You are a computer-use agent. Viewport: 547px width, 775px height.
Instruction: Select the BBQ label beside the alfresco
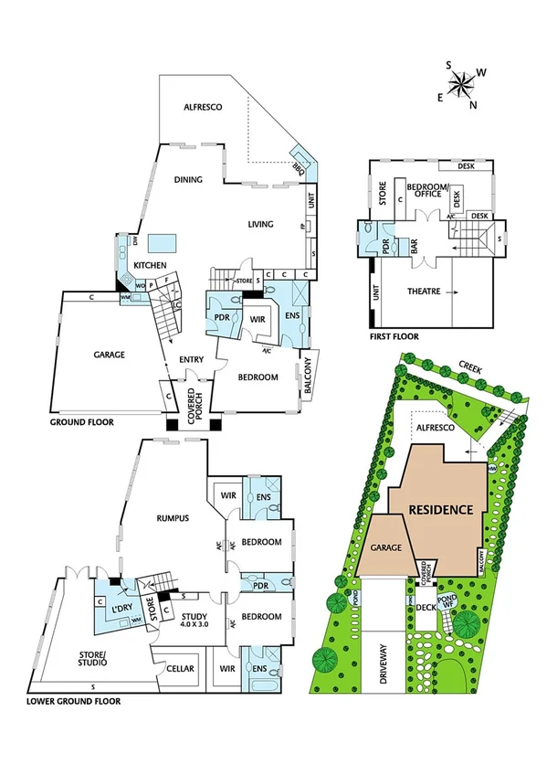(298, 166)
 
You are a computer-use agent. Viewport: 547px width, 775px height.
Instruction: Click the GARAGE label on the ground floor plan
(108, 354)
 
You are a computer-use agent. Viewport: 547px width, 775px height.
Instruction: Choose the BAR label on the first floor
(413, 247)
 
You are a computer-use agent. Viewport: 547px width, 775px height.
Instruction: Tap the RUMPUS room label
(171, 518)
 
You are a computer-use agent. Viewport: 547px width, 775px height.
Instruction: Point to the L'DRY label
(122, 610)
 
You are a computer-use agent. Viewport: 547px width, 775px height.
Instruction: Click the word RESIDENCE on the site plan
(440, 510)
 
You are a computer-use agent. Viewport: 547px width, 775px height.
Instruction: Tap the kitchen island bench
(163, 241)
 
